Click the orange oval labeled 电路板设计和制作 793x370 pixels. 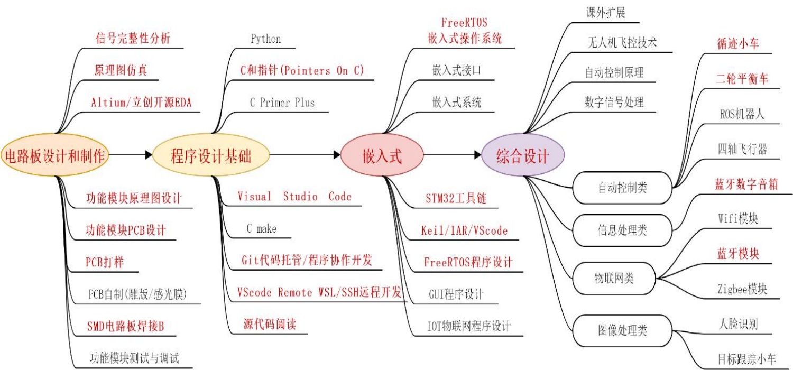click(56, 155)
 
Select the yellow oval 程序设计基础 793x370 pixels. click(211, 155)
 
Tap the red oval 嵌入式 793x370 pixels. click(382, 155)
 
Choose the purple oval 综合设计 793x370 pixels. click(523, 156)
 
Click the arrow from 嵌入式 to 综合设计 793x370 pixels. click(453, 155)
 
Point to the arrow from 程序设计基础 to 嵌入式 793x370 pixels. click(305, 155)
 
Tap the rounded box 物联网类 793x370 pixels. click(614, 277)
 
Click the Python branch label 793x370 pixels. click(265, 39)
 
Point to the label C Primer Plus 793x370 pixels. click(282, 103)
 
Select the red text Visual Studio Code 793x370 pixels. click(294, 197)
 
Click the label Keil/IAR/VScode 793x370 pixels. click(464, 230)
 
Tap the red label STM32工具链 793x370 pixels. click(456, 199)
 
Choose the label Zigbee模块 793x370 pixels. click(742, 289)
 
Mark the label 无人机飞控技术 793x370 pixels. click(622, 43)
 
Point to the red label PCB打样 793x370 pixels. click(105, 262)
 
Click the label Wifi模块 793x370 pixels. click(738, 219)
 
